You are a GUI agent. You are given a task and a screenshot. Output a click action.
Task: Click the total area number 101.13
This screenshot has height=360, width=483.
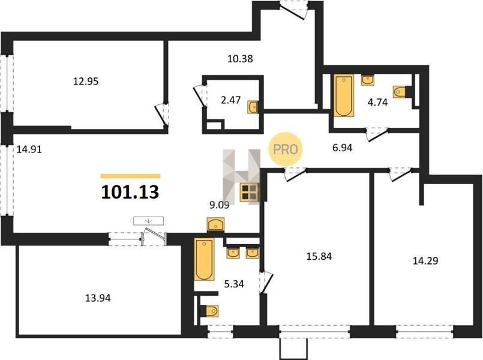(130, 192)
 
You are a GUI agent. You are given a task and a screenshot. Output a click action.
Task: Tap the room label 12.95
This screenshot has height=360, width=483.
(86, 82)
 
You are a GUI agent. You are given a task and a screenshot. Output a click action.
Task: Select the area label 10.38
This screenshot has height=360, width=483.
(240, 59)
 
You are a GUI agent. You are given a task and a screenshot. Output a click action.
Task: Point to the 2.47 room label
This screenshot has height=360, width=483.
(231, 100)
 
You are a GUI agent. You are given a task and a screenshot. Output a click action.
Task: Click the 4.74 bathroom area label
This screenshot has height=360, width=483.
(377, 102)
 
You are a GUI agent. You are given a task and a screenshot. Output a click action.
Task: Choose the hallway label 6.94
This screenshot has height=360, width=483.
(342, 148)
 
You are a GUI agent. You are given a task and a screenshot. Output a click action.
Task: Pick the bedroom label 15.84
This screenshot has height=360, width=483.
(319, 256)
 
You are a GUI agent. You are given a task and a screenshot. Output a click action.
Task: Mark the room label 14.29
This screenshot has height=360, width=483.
(425, 261)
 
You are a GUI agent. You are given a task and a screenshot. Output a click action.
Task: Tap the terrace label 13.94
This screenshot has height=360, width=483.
(98, 298)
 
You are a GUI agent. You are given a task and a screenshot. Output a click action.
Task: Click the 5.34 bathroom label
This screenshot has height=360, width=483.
(234, 284)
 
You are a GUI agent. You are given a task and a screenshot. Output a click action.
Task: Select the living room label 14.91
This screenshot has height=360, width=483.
(29, 149)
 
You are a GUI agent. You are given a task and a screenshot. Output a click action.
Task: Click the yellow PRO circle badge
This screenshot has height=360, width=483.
(286, 149)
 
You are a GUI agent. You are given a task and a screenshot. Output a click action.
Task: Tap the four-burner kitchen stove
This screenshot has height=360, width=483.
(250, 193)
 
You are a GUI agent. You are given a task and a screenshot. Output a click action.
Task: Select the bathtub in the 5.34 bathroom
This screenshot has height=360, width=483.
(204, 259)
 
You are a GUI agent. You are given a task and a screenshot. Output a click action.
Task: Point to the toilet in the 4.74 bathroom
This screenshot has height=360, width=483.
(400, 91)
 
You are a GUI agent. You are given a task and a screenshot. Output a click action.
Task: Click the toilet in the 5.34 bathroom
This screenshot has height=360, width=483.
(212, 311)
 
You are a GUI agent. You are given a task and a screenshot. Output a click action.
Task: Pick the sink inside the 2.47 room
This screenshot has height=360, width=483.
(253, 107)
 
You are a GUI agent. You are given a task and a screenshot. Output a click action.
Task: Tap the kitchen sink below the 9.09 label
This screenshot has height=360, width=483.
(215, 224)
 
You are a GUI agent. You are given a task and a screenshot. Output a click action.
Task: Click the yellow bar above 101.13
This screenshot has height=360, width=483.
(131, 176)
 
